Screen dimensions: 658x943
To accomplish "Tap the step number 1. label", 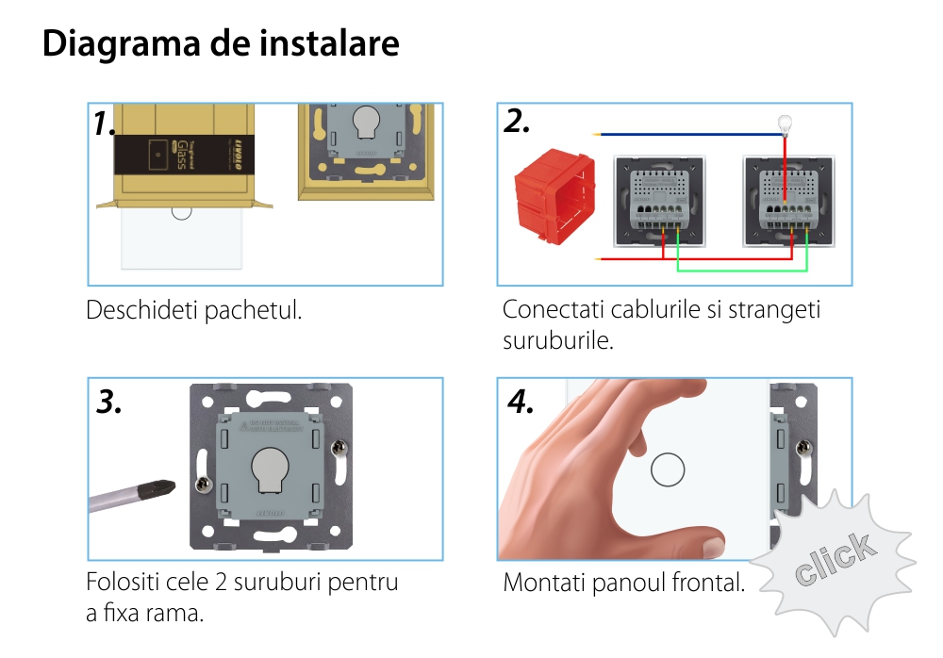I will [105, 123].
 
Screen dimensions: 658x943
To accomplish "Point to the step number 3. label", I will [109, 403].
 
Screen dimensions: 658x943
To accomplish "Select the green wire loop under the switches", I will [742, 271].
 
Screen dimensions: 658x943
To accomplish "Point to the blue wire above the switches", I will [688, 135].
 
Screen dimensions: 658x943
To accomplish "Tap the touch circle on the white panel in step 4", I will [668, 469].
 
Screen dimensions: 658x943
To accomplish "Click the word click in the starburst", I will [834, 560].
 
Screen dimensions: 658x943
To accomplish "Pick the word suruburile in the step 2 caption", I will [558, 340].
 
